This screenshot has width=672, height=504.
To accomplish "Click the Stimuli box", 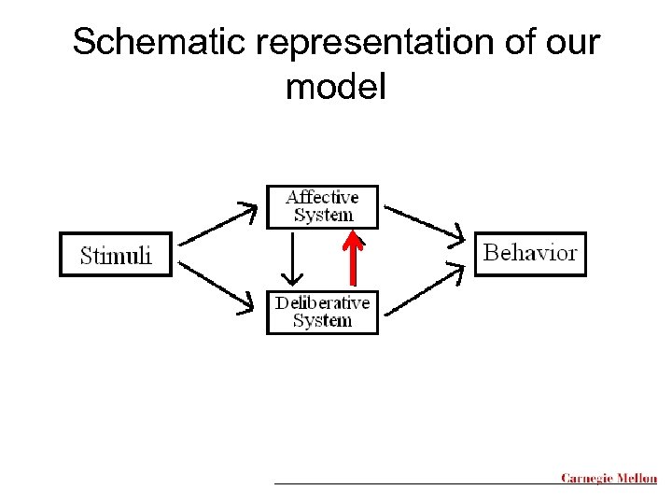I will coord(116,254).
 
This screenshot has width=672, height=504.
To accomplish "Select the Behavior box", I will coord(530,253).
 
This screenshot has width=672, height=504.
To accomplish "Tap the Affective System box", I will coord(322,206).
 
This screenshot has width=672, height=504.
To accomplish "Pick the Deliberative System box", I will coord(322,312).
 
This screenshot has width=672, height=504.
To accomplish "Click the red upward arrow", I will coord(352,257).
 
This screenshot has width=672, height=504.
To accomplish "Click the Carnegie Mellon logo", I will coord(609,478).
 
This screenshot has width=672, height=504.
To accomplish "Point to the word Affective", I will coord(322,197).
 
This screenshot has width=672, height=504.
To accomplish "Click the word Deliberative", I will coord(322,302).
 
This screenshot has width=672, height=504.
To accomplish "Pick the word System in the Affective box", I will coord(323,216).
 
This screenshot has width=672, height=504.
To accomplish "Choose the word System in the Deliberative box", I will coord(322,321).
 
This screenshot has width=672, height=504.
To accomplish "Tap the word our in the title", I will coord(571,42).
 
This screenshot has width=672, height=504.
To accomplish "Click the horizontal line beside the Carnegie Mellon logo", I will coord(415,483).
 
